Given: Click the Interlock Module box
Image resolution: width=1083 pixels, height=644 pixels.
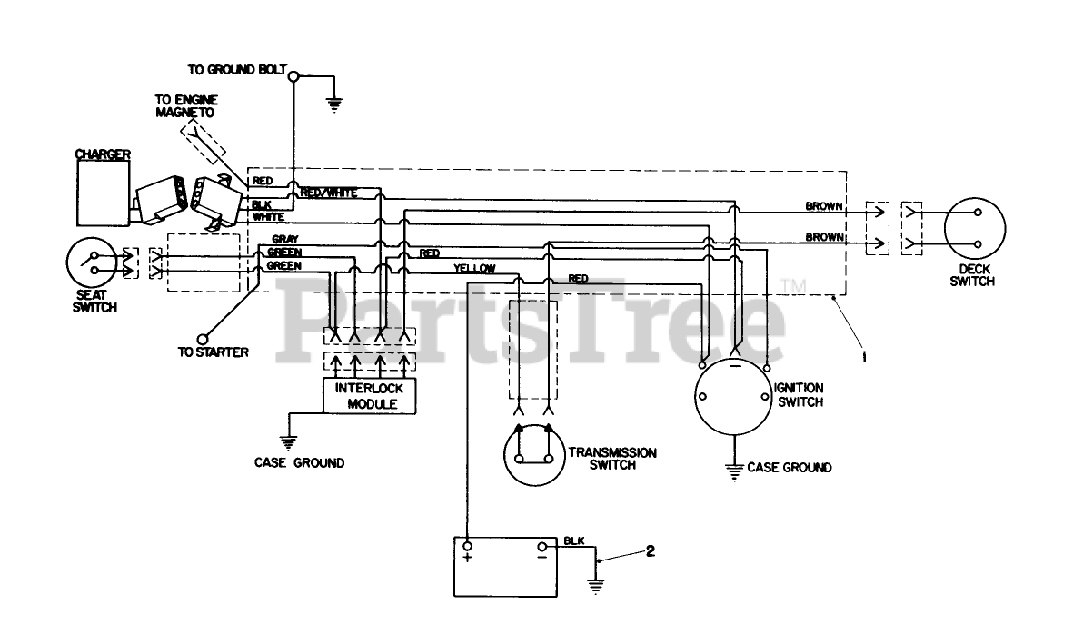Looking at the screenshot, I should (x=370, y=395).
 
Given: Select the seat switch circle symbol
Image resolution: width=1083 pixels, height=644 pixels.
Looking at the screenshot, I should (x=94, y=263).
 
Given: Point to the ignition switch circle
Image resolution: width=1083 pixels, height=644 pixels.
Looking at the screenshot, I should (x=732, y=397).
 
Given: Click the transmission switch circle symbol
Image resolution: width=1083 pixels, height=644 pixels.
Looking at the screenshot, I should (x=532, y=453).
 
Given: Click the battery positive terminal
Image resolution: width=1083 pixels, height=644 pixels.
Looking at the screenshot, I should (x=468, y=548).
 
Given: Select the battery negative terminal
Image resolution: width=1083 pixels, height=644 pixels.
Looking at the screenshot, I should (x=542, y=548).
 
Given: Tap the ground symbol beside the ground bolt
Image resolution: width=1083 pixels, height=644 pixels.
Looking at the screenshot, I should (x=333, y=103).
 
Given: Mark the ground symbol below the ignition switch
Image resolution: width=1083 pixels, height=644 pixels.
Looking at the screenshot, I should (x=732, y=470).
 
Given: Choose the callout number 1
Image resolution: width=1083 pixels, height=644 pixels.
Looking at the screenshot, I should (x=864, y=358).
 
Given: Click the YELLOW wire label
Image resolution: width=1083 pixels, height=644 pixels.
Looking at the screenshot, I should (x=474, y=268).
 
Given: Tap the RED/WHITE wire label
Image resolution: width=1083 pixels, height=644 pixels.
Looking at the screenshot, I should (x=328, y=192).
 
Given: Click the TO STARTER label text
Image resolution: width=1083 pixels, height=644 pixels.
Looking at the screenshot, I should (x=214, y=352).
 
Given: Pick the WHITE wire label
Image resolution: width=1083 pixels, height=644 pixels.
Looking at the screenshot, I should (x=269, y=216).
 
